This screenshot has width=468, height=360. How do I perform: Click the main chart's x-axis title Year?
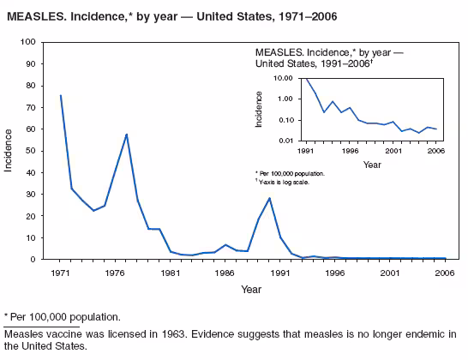coord(250,289)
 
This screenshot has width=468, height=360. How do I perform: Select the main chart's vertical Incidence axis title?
coord(9,150)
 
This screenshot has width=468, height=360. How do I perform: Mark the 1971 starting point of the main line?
coord(61,95)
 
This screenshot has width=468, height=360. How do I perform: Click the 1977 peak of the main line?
coord(127,134)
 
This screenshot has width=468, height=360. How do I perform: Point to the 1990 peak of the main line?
coord(269,198)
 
